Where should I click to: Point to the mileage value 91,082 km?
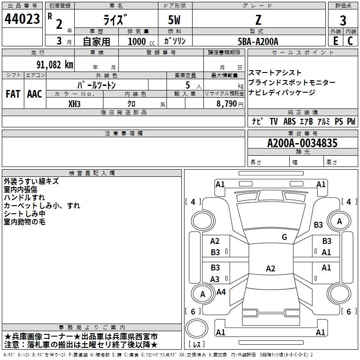[x=55, y=64]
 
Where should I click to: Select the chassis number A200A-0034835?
[x=302, y=143]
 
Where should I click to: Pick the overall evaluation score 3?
[x=343, y=20]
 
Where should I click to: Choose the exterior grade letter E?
[x=335, y=41]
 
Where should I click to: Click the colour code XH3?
[x=75, y=103]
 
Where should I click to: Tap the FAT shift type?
[x=13, y=94]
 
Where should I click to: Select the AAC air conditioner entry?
[x=34, y=94]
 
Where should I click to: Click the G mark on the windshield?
[x=284, y=237]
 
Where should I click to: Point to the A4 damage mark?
[x=221, y=292]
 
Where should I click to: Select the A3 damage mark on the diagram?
[x=215, y=279]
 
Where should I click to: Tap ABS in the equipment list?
[x=289, y=121]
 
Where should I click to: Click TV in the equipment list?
[x=274, y=121]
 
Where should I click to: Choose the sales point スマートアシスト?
[x=275, y=72]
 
